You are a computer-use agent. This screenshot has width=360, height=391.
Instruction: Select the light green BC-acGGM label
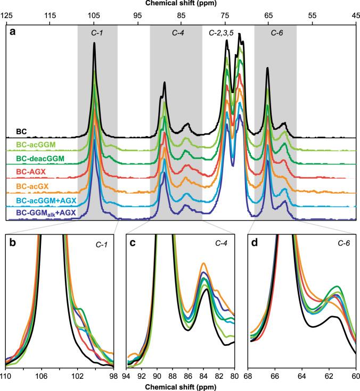[36, 144]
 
